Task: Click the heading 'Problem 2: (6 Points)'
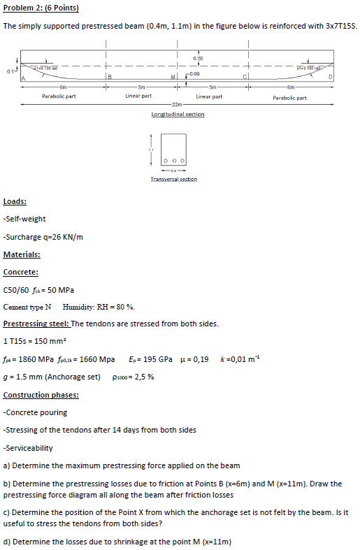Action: pyautogui.click(x=41, y=8)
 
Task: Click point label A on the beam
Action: pyautogui.click(x=21, y=78)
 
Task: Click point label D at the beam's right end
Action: pyautogui.click(x=340, y=78)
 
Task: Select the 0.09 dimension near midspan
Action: pyautogui.click(x=195, y=73)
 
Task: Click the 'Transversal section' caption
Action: pyautogui.click(x=174, y=179)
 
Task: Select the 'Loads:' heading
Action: pyautogui.click(x=15, y=201)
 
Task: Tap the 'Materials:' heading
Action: pyautogui.click(x=22, y=254)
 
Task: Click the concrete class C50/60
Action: pyautogui.click(x=15, y=289)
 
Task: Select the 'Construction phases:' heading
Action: pyautogui.click(x=41, y=395)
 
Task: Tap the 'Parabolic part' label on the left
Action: pyautogui.click(x=59, y=97)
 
